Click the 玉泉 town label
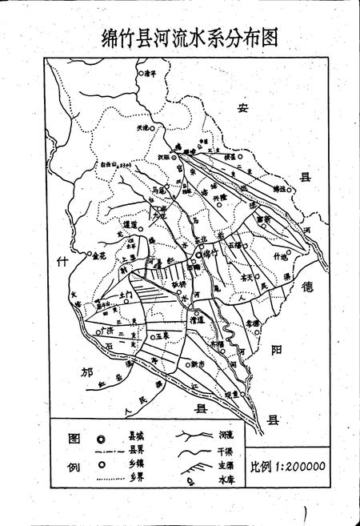click(x=163, y=327)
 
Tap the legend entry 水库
click(x=226, y=482)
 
